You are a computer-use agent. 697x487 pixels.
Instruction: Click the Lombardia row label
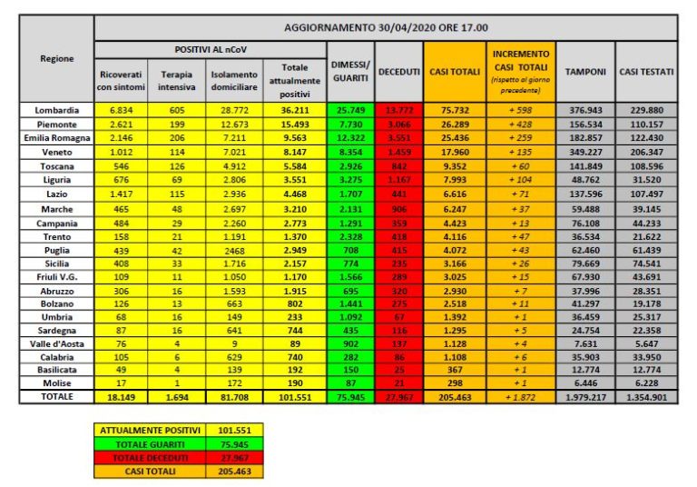(x=56, y=111)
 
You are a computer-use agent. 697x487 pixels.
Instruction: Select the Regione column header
(x=56, y=58)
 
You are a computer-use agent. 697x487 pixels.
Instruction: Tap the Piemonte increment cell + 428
(x=520, y=125)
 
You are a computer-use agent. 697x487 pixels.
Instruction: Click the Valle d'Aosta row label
(x=56, y=343)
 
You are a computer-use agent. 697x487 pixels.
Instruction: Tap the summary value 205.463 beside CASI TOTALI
(x=237, y=472)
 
